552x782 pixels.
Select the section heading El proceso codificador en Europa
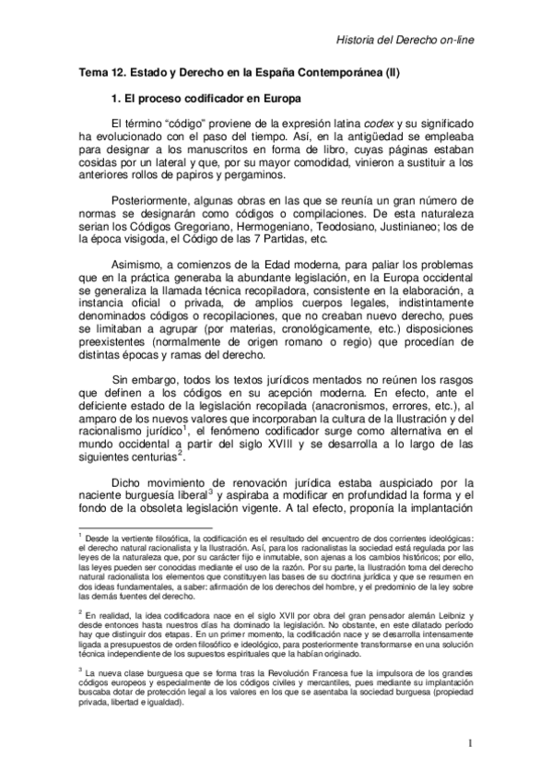click(x=207, y=96)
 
